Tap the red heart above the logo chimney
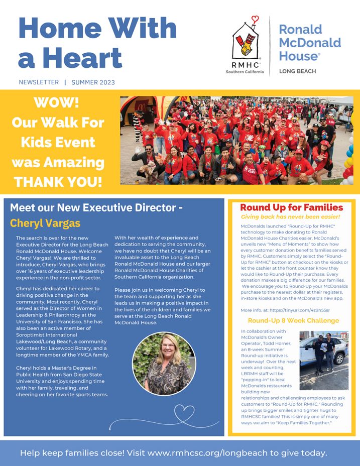coord(255,20)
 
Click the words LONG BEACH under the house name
coord(297,71)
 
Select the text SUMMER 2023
coord(93,82)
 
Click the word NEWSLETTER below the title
coord(39,82)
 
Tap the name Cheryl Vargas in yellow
coord(45,223)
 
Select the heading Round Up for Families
coord(291,207)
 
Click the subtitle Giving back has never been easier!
coord(291,217)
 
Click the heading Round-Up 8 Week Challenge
coord(293,320)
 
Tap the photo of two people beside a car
coord(324,360)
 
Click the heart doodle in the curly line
coord(184,415)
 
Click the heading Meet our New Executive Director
coord(96,207)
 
